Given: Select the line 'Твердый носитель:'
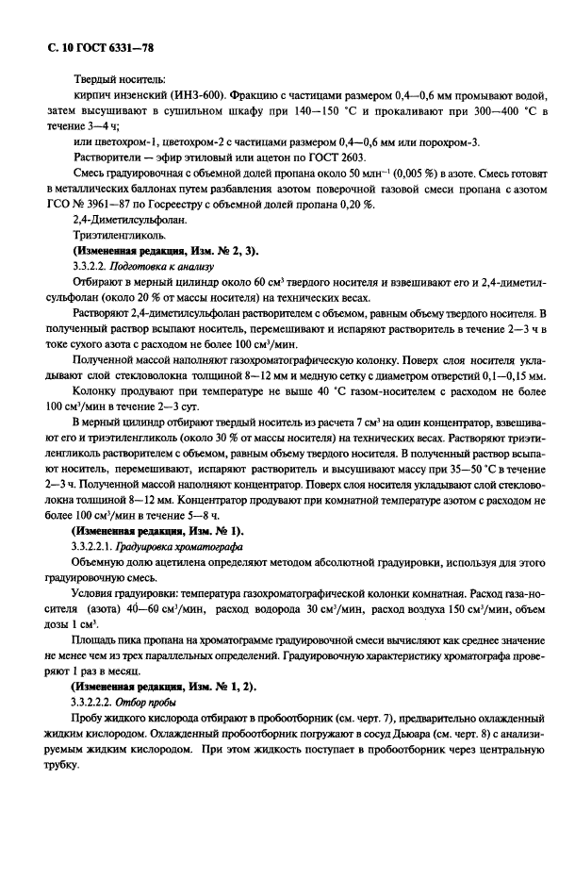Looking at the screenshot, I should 119,79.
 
